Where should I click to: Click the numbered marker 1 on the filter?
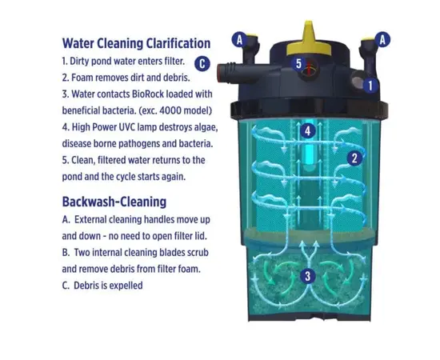pos(370,86)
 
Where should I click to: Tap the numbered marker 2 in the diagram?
pos(354,158)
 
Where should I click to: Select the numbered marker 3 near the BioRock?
pos(307,276)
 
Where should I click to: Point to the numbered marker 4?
pos(308,130)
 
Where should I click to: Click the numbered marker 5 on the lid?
pos(298,64)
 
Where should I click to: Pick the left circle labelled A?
pos(239,40)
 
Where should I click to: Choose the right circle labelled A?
pos(382,39)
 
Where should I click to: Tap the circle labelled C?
pos(202,64)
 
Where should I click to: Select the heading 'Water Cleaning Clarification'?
pos(136,43)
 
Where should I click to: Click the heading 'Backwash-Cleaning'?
pos(114,202)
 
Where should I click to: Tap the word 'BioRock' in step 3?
pos(148,94)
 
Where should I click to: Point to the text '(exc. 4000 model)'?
pos(175,110)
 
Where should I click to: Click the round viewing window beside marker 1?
pos(358,81)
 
